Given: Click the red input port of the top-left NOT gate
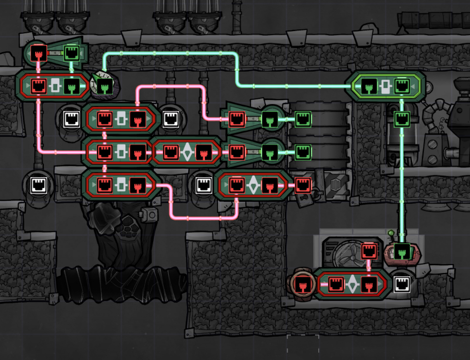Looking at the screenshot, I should [38, 52].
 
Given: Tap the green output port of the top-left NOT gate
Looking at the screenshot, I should [71, 52].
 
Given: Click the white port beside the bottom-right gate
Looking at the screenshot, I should [402, 284].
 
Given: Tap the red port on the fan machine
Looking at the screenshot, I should [368, 252].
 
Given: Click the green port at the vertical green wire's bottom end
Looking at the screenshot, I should [402, 252].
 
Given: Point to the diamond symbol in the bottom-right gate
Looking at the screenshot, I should [352, 284].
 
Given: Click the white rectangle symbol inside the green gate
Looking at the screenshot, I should [385, 86].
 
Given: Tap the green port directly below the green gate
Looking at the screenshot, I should [402, 119].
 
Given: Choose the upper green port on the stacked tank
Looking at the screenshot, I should [303, 119].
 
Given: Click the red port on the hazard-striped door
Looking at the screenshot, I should [303, 185].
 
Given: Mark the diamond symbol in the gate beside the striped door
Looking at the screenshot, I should [253, 185].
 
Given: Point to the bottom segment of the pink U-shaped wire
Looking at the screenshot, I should [204, 218].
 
